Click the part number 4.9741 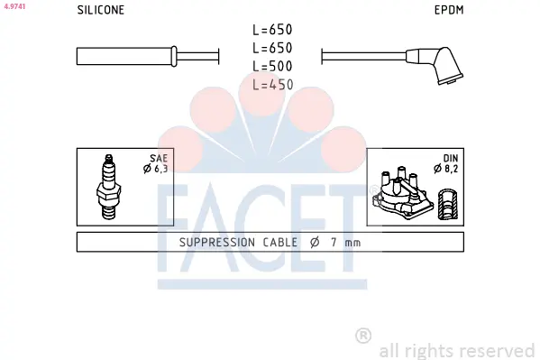[x=14, y=6]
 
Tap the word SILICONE [x=101, y=10]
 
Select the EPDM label [x=449, y=10]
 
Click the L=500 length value [x=272, y=66]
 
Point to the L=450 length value [x=273, y=85]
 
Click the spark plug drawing [x=109, y=187]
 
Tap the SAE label [x=159, y=158]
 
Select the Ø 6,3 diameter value [x=156, y=169]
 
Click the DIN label [x=451, y=158]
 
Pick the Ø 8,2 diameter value [x=446, y=169]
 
